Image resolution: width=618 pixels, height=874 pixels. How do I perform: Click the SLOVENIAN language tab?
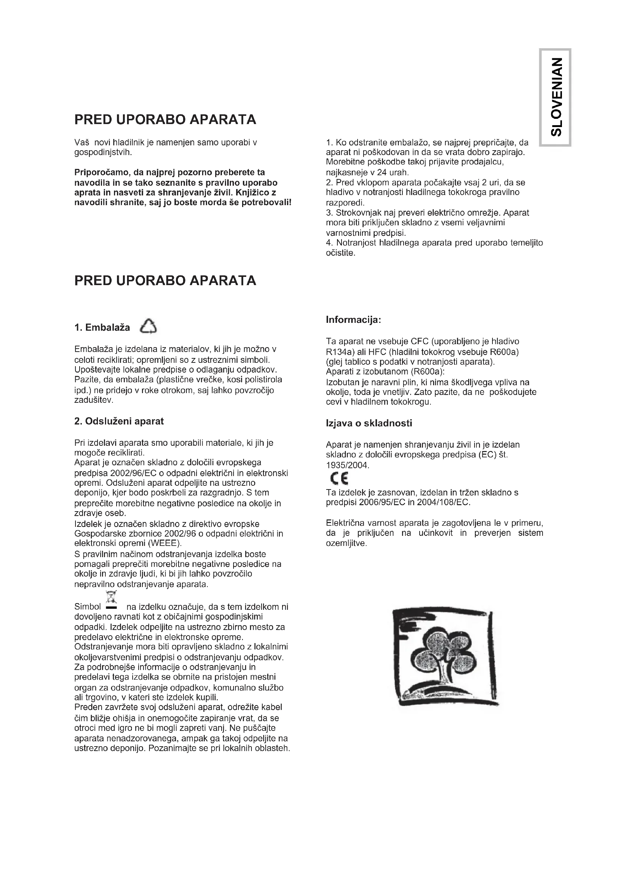[x=555, y=97]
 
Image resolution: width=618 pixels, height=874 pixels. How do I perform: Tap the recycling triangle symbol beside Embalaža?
[x=148, y=327]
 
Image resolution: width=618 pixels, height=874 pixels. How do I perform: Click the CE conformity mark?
[x=339, y=478]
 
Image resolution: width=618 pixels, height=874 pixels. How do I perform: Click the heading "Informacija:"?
[x=353, y=320]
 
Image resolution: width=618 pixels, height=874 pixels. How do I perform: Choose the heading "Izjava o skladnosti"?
[x=369, y=423]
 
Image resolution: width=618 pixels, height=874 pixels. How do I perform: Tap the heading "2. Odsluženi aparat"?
[x=119, y=421]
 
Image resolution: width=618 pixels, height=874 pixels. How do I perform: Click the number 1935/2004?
[x=347, y=465]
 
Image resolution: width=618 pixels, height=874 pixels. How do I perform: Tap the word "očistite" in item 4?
[x=340, y=253]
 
